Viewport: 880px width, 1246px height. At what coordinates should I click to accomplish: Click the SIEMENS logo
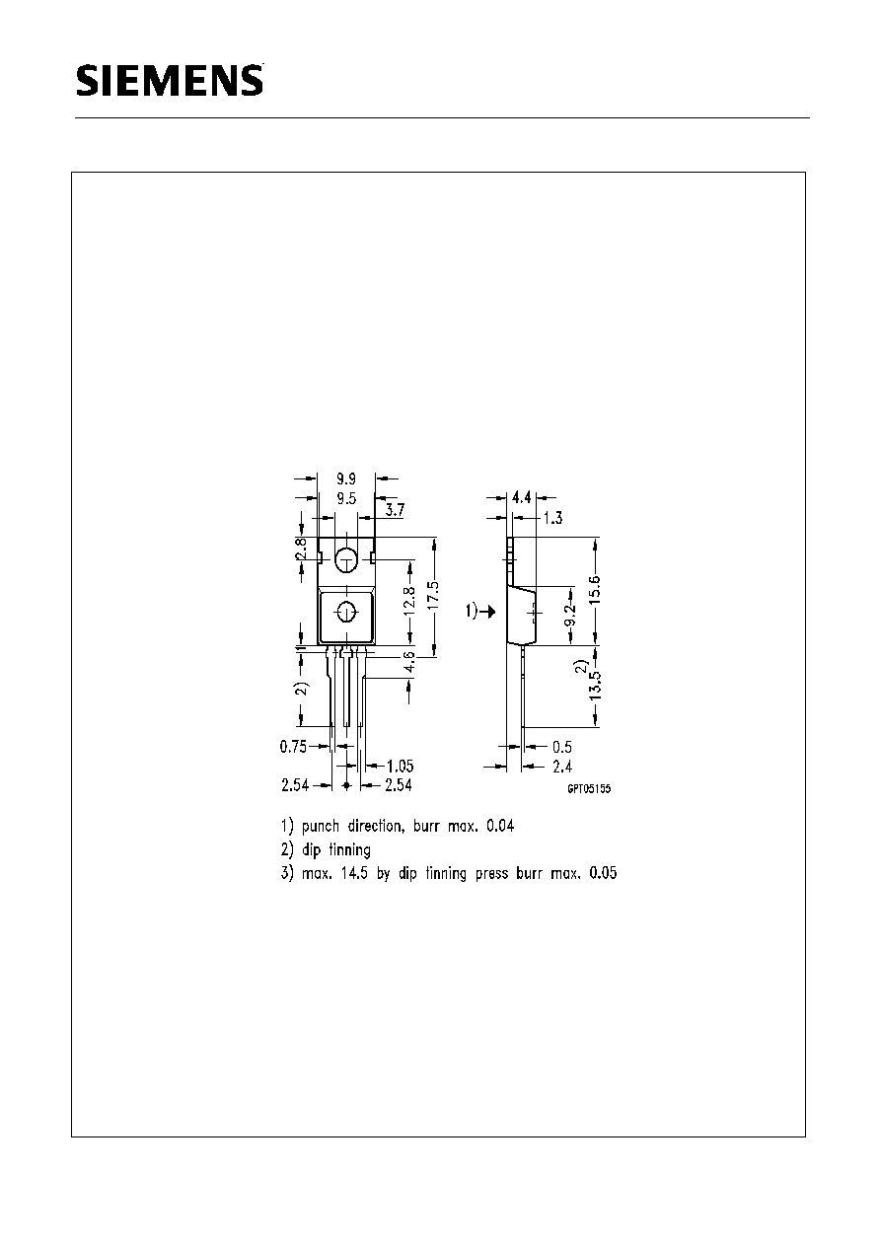pos(170,81)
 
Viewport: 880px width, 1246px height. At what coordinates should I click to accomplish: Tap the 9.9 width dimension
pos(346,478)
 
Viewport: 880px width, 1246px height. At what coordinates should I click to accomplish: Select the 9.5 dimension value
pos(346,498)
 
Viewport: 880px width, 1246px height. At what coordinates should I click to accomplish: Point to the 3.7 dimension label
pos(395,510)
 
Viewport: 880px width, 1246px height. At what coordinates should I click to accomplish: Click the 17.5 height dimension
pos(434,595)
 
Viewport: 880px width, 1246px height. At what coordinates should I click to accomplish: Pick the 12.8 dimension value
pos(408,600)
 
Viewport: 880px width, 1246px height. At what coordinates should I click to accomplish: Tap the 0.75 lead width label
pos(293,747)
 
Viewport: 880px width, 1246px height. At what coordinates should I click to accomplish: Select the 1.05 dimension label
pos(401,766)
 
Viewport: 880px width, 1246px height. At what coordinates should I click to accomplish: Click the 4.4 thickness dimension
pos(522,497)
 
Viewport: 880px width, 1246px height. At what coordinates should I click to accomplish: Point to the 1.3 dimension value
pos(552,518)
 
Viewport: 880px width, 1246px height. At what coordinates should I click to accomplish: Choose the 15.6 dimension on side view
pos(595,590)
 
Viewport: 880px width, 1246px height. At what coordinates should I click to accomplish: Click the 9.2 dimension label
pos(569,617)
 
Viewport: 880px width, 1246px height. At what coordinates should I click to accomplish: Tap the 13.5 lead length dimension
pos(595,686)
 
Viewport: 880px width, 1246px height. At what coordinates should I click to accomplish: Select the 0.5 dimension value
pos(562,747)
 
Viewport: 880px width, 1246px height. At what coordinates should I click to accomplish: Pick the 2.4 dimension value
pos(562,767)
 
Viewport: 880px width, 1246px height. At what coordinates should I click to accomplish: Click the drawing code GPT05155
pos(589,789)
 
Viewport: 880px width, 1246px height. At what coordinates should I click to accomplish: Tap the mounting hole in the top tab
pos(346,559)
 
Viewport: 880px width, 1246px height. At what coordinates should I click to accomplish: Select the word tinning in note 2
pos(349,850)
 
